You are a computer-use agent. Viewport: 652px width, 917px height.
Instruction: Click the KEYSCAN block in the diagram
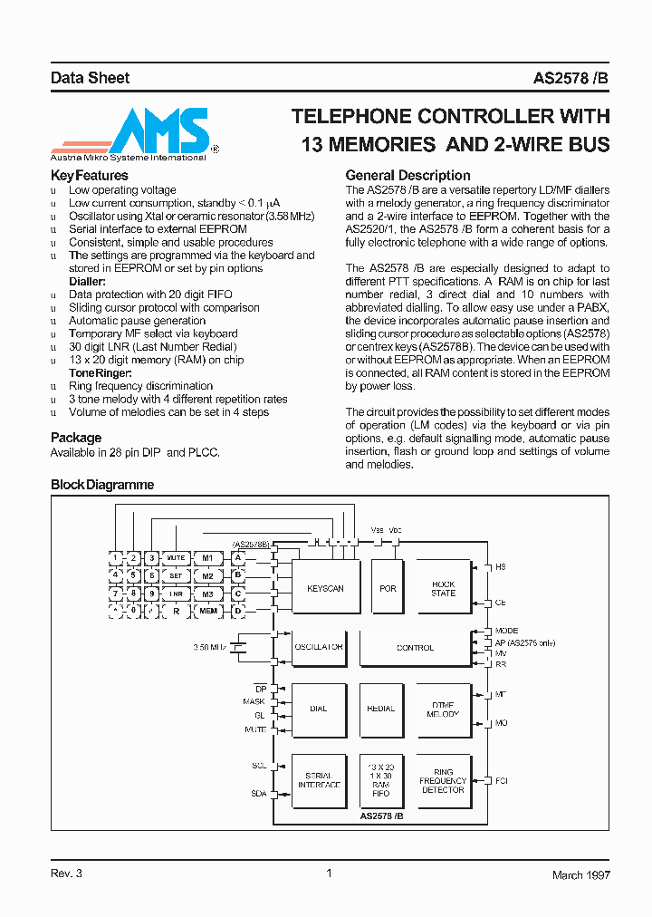325,588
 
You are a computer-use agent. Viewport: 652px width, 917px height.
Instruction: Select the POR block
388,588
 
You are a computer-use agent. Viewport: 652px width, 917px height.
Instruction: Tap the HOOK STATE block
443,588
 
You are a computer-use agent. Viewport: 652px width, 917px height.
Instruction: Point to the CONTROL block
415,648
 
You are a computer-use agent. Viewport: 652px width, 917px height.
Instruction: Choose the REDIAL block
381,709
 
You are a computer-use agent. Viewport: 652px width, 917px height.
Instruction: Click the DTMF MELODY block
443,709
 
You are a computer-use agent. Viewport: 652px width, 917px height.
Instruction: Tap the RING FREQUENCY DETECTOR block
443,780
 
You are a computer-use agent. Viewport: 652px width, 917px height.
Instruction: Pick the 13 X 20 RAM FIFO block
381,780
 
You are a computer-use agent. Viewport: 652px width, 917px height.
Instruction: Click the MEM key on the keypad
207,612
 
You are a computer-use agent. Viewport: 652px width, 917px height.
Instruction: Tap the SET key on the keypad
176,575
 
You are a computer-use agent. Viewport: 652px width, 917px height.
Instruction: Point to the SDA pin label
258,794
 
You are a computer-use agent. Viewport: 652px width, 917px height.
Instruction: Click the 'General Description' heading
407,176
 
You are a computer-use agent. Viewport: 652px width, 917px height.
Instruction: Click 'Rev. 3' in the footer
66,874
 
